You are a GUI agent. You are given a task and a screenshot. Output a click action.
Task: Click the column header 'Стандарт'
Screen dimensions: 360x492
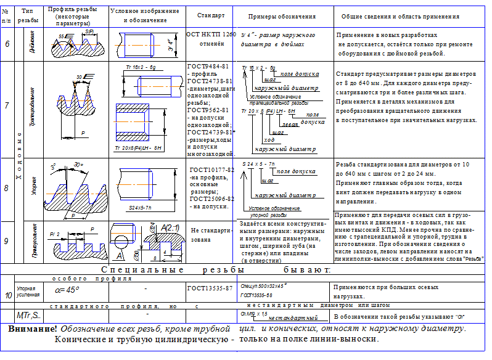click(211, 14)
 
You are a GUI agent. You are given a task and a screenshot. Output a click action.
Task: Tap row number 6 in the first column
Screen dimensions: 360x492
click(7, 44)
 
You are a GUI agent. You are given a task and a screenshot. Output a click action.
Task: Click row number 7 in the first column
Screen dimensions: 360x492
click(7, 105)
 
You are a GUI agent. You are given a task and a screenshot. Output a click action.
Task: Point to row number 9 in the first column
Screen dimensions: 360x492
click(7, 240)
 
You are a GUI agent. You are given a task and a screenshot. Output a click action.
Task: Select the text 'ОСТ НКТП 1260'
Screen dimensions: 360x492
click(211, 35)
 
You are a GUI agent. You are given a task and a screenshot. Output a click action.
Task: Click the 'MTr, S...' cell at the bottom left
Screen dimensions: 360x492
click(28, 316)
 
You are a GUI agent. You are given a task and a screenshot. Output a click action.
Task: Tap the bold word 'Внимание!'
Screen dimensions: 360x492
click(33, 329)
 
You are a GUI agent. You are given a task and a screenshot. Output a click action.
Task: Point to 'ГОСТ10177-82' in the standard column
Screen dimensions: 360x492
click(211, 170)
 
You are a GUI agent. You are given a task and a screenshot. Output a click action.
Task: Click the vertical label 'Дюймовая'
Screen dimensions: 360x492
click(27, 44)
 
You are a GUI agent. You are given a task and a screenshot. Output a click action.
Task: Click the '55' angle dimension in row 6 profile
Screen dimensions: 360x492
click(62, 36)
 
